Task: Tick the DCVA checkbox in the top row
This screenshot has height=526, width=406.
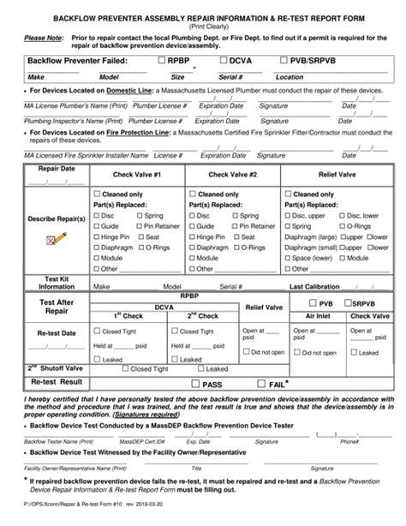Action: tap(224, 63)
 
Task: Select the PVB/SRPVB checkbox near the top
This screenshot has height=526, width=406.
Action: tap(285, 63)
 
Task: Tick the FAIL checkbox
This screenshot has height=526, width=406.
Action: tap(261, 385)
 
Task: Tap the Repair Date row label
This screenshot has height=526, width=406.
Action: tap(51, 170)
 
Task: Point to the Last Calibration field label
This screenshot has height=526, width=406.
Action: tap(320, 287)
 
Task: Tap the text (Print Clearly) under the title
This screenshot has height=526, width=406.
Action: tap(202, 26)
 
